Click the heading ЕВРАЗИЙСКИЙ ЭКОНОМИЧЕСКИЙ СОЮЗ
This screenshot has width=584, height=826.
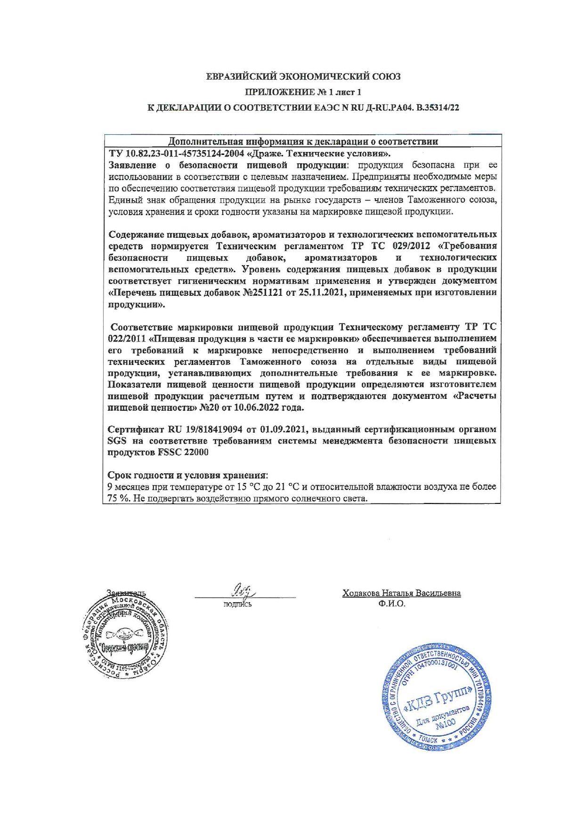pyautogui.click(x=303, y=76)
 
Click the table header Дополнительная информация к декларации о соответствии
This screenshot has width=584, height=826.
pyautogui.click(x=303, y=141)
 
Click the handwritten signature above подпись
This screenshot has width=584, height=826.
pyautogui.click(x=242, y=590)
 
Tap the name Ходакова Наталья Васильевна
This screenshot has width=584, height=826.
pyautogui.click(x=401, y=593)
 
